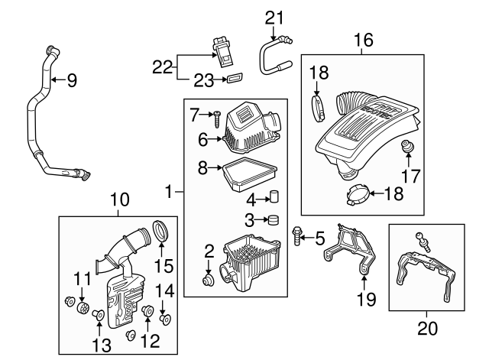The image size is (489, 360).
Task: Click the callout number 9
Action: click(72, 79)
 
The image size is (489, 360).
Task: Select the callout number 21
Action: click(274, 17)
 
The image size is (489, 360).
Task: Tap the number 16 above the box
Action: click(364, 40)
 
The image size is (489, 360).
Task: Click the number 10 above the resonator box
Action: click(120, 201)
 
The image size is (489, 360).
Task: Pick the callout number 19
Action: click(367, 299)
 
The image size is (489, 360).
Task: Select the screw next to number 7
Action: click(218, 117)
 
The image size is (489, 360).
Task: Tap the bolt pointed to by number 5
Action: click(296, 238)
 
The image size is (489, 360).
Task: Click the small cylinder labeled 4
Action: click(273, 198)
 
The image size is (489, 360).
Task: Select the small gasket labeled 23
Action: click(234, 77)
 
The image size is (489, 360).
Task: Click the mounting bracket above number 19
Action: click(354, 248)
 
